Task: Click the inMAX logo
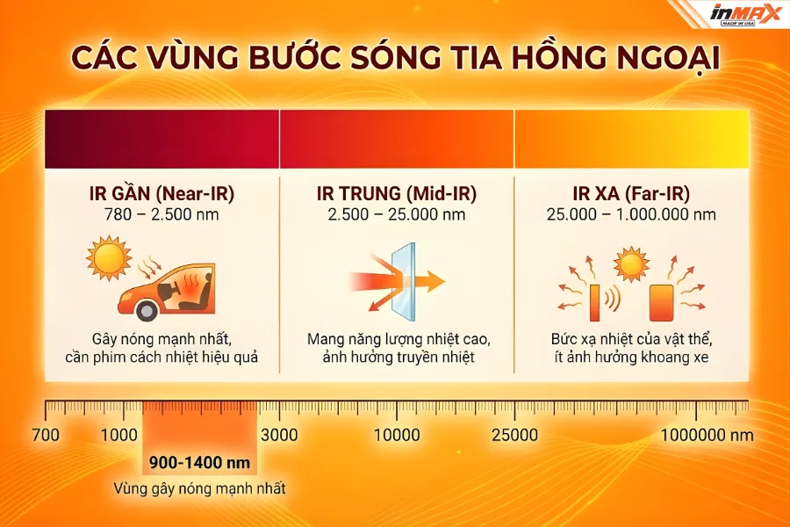click(x=746, y=14)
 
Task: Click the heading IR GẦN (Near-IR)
click(x=162, y=192)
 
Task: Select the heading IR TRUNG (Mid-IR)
click(x=396, y=192)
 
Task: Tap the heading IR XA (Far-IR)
click(x=630, y=192)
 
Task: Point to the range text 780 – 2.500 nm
click(x=162, y=214)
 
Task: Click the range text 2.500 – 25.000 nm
click(x=396, y=214)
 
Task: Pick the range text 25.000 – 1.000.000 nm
click(x=630, y=214)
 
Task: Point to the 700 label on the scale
click(x=45, y=435)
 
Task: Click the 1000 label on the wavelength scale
click(x=118, y=435)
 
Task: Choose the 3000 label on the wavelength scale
click(x=279, y=435)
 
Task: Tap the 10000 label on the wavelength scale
click(x=397, y=435)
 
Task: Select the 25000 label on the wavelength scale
click(x=514, y=435)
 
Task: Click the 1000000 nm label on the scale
click(x=707, y=435)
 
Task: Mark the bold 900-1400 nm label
click(x=199, y=463)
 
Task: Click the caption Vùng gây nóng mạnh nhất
click(x=199, y=488)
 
